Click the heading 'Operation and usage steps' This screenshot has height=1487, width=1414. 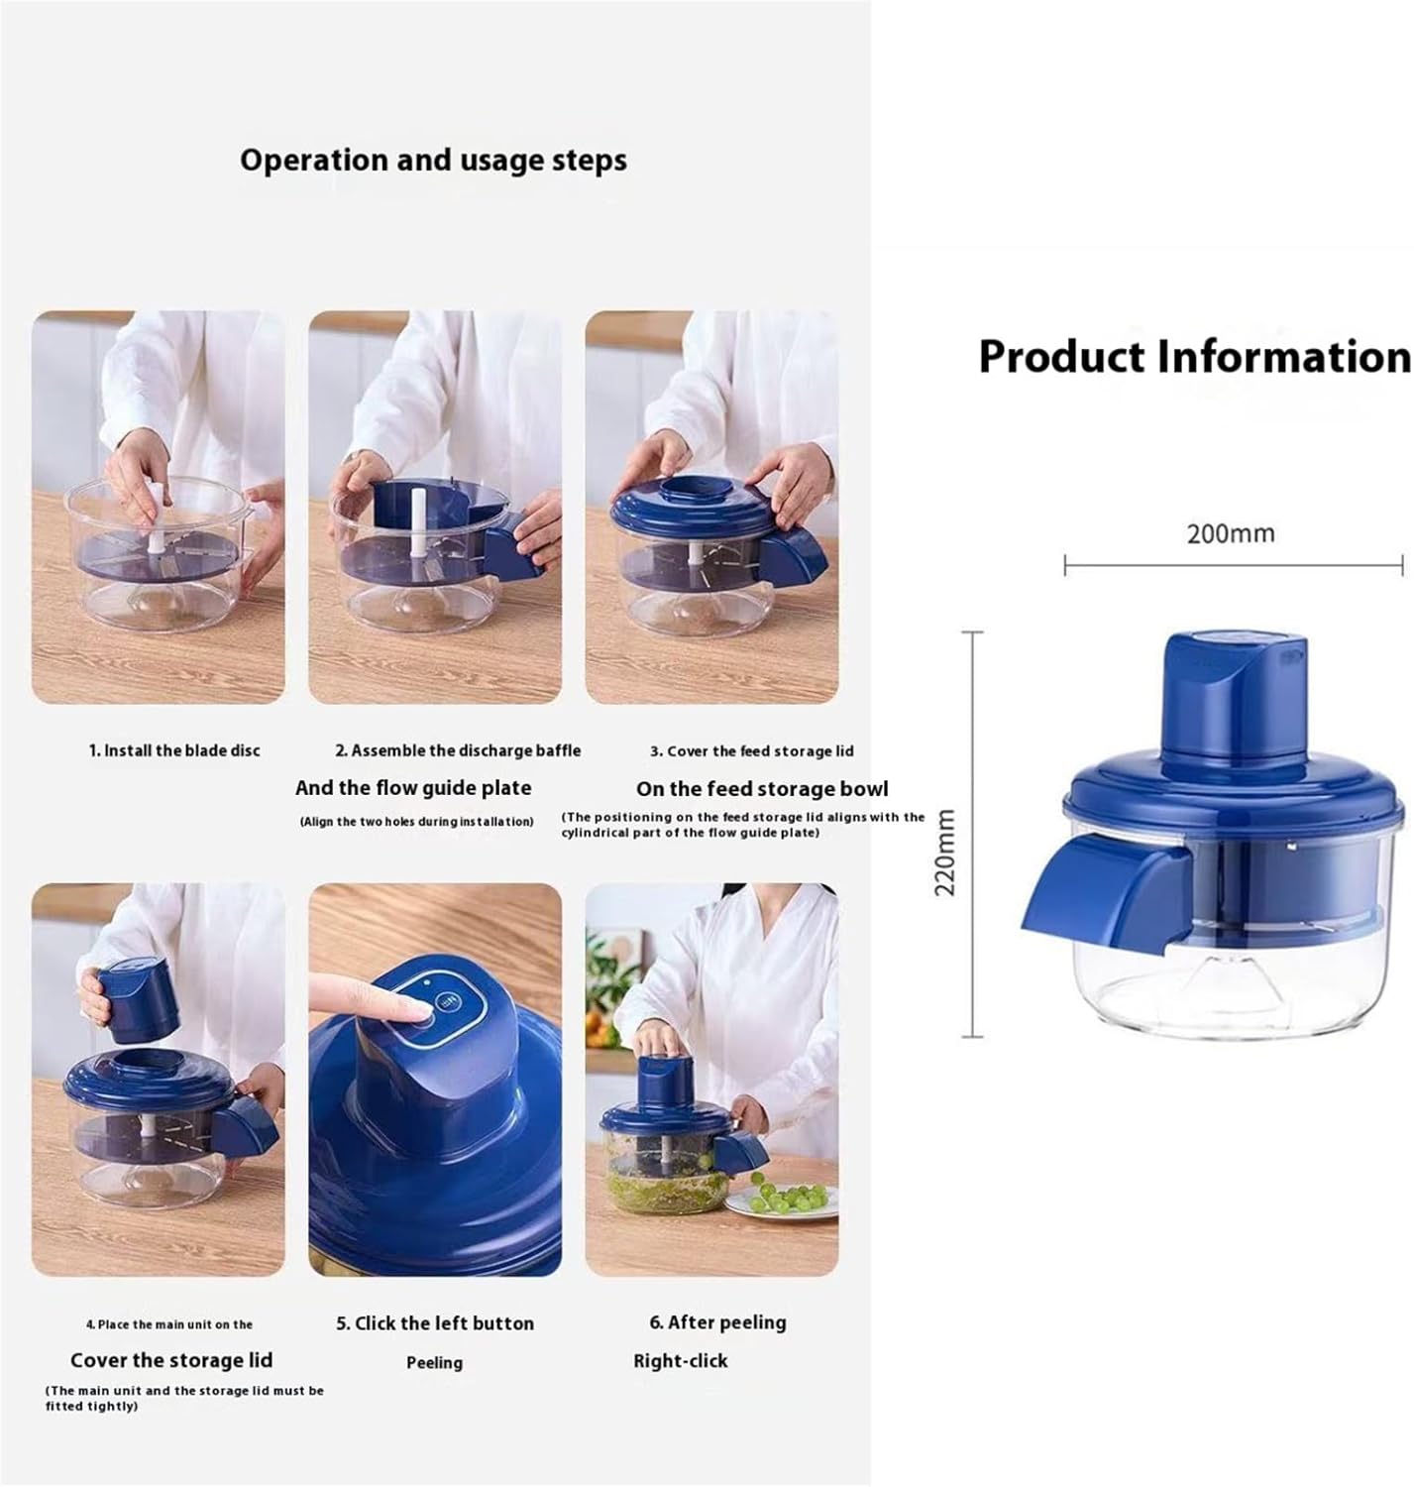click(433, 161)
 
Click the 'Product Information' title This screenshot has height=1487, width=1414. click(1193, 357)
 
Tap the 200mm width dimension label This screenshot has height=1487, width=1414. click(1230, 533)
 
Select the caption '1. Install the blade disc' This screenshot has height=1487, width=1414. click(174, 750)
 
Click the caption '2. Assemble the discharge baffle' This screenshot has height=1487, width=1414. click(458, 750)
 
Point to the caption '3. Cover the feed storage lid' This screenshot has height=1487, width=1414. click(751, 751)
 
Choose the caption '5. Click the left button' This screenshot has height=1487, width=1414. click(435, 1323)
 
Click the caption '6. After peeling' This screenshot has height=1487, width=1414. click(717, 1322)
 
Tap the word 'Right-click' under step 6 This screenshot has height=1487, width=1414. click(680, 1361)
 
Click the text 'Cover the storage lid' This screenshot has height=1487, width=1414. click(171, 1360)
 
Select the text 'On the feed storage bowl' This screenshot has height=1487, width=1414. click(762, 789)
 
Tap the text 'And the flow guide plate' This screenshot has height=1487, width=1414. click(413, 788)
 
